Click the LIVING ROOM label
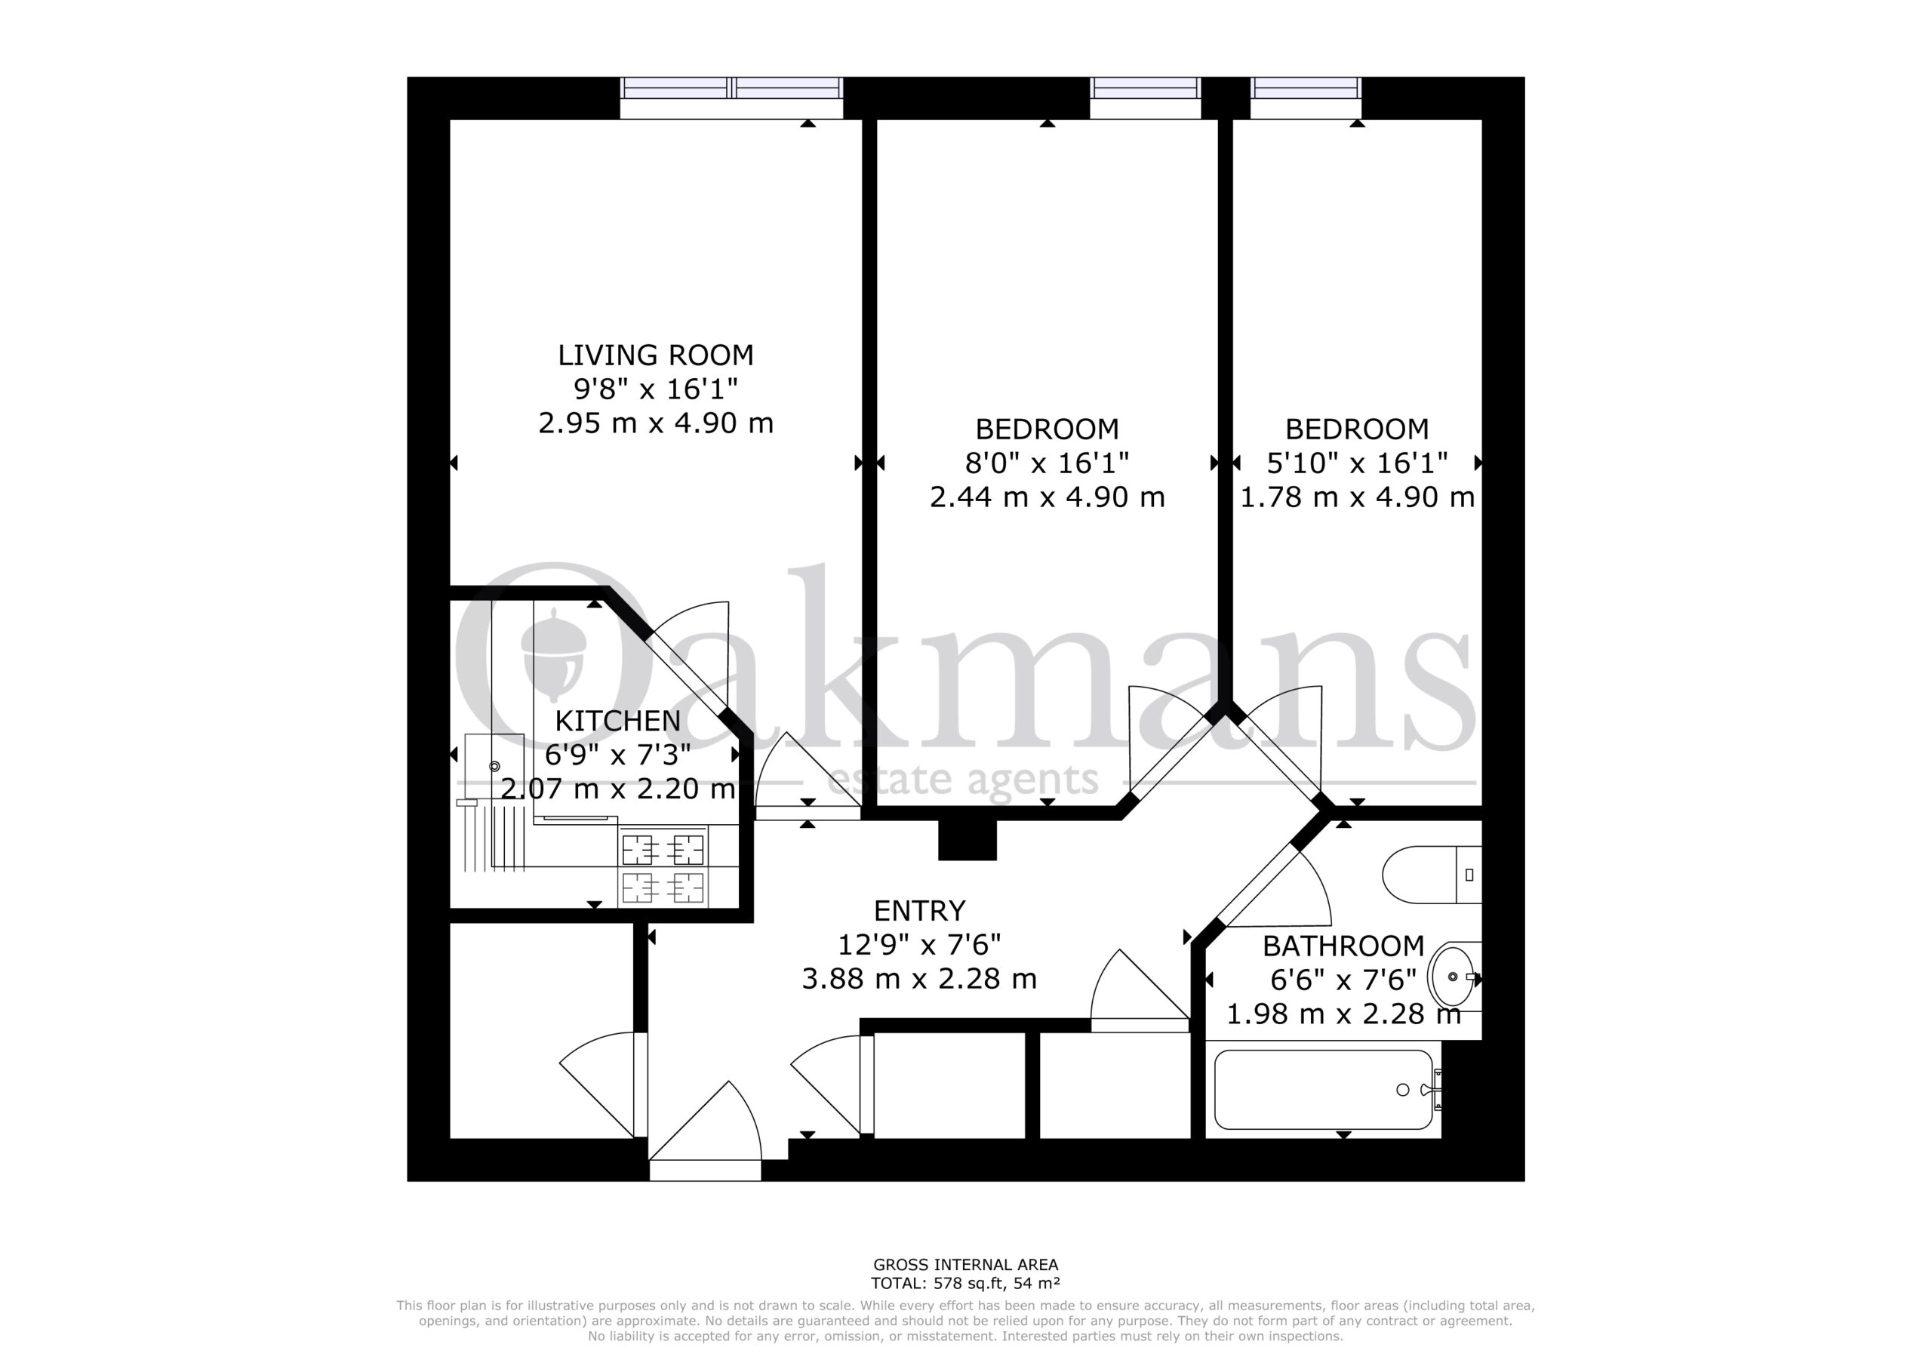pos(656,355)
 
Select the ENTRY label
pos(919,911)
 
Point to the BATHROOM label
pos(1343,946)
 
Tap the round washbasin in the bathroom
pos(1454,977)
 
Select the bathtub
pos(1324,1090)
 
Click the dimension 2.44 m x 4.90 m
pos(1047,497)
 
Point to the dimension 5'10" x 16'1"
pos(1356,463)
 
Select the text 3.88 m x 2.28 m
pos(919,979)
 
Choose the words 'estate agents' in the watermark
pos(964,780)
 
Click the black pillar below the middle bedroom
pos(967,839)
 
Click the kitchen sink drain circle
pos(495,767)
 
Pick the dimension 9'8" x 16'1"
pos(656,389)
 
